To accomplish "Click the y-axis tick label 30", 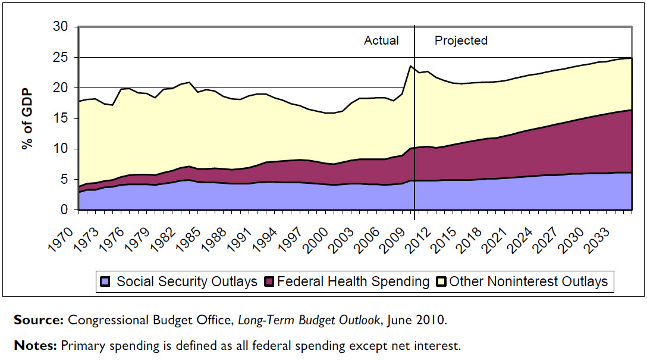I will [62, 27].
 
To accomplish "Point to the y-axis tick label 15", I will [62, 118].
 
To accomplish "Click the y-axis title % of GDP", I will [27, 118].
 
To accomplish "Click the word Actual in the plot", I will [381, 40].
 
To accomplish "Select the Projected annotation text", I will [461, 40].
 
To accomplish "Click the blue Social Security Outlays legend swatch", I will [106, 281].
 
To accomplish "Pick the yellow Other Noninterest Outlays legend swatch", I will [440, 281].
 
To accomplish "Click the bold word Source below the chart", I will [39, 320].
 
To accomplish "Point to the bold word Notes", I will [35, 345].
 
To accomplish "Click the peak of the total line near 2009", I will [410, 66].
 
